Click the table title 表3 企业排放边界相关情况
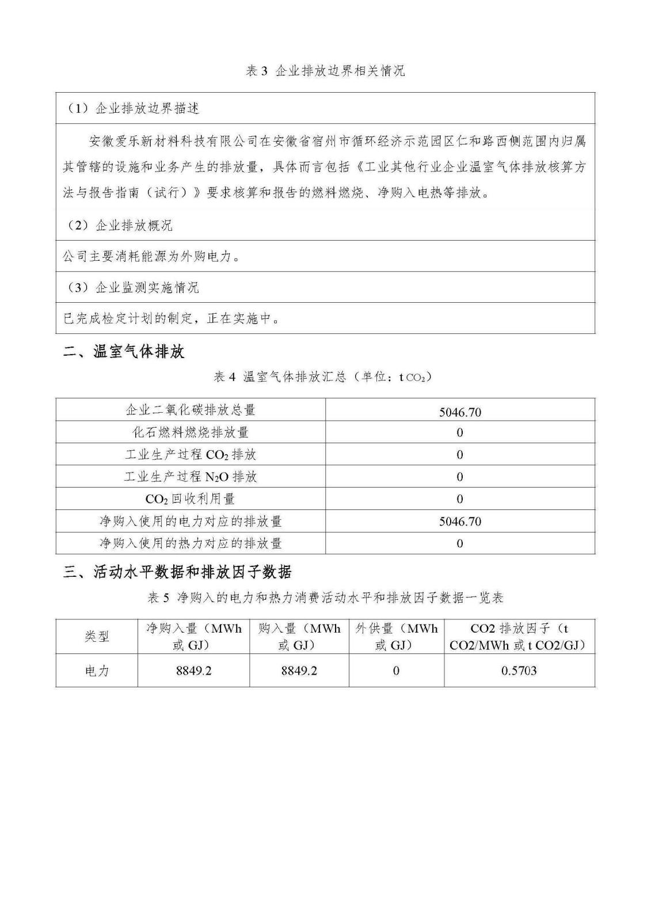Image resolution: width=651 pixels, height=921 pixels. (x=325, y=71)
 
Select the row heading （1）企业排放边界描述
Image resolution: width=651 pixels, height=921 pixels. (x=134, y=108)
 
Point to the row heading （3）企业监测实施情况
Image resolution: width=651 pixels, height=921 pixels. (x=134, y=287)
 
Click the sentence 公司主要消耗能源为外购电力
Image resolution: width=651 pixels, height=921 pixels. (x=151, y=256)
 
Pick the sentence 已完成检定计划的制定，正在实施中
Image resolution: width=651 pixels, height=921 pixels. (x=171, y=318)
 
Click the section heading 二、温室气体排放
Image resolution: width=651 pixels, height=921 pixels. (x=124, y=352)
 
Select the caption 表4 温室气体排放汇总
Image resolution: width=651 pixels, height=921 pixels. (x=322, y=377)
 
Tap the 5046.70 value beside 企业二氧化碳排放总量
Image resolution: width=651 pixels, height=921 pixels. (x=459, y=412)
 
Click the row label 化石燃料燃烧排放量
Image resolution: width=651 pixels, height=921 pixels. (x=191, y=432)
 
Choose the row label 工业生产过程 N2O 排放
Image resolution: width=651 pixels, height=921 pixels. (x=191, y=477)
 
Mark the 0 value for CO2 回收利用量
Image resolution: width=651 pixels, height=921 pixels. (x=459, y=499)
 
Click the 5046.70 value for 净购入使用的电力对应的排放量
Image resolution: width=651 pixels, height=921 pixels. (x=459, y=522)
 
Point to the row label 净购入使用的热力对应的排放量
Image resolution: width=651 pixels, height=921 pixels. (x=191, y=543)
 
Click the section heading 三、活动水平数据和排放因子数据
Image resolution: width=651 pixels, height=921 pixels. (x=177, y=572)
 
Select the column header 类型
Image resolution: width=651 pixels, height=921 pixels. (x=97, y=637)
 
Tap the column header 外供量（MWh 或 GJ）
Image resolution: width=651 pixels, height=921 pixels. (x=396, y=637)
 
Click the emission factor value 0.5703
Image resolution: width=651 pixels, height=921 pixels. (x=519, y=671)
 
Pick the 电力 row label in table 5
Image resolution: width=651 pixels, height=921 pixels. (x=97, y=671)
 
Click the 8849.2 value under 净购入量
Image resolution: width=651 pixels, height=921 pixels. (x=193, y=671)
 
